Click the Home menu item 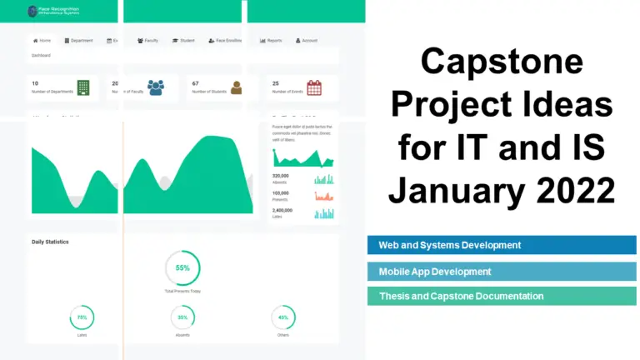[42, 40]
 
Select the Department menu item [78, 40]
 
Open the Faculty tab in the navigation [147, 40]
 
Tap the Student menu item [183, 40]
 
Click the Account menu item [306, 40]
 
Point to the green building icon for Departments [83, 87]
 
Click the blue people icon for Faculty [156, 87]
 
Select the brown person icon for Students [236, 87]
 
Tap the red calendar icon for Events [314, 87]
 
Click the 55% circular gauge [182, 268]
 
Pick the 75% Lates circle [82, 317]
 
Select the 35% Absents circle [182, 317]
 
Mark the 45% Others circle [283, 317]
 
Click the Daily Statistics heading [50, 242]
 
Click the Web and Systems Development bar [502, 245]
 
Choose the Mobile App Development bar [502, 271]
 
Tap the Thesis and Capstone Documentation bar [502, 296]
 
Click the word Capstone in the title [502, 62]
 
